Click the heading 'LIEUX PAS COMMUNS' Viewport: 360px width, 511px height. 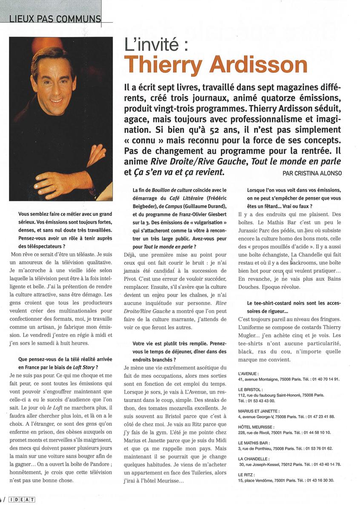(55, 19)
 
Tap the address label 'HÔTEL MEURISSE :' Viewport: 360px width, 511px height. (259, 426)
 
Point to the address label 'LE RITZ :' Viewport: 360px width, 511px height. (248, 474)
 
